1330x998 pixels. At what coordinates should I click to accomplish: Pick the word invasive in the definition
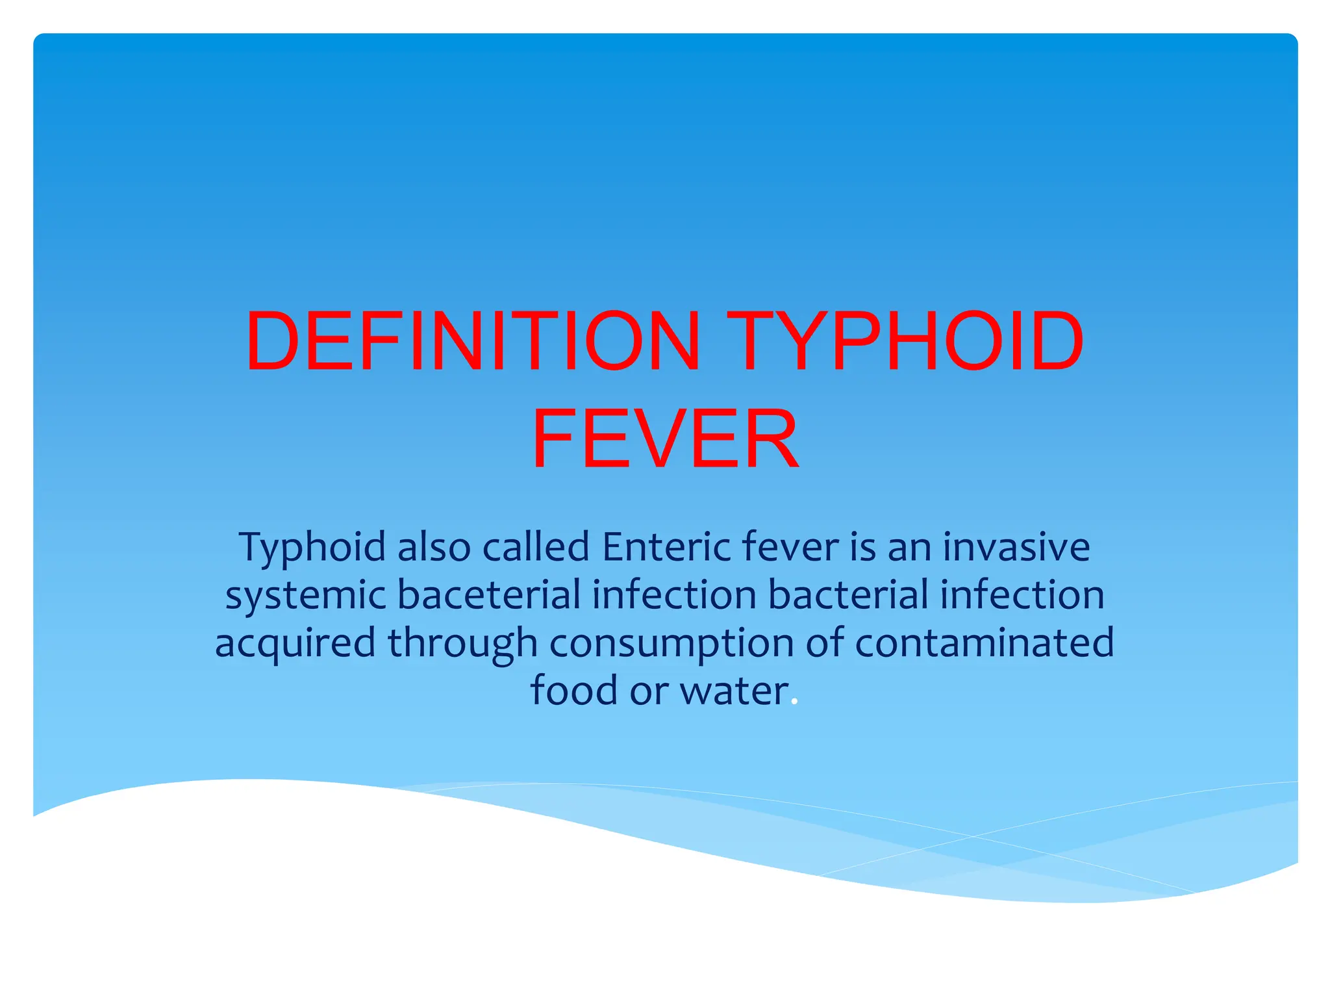1016,547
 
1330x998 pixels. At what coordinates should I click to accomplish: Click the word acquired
295,643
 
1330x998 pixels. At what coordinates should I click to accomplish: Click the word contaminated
985,643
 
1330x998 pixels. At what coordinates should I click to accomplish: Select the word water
734,691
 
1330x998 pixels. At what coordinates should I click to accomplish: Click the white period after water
795,702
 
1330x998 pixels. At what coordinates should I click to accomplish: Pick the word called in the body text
536,547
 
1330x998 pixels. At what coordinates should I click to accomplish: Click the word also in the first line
434,547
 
